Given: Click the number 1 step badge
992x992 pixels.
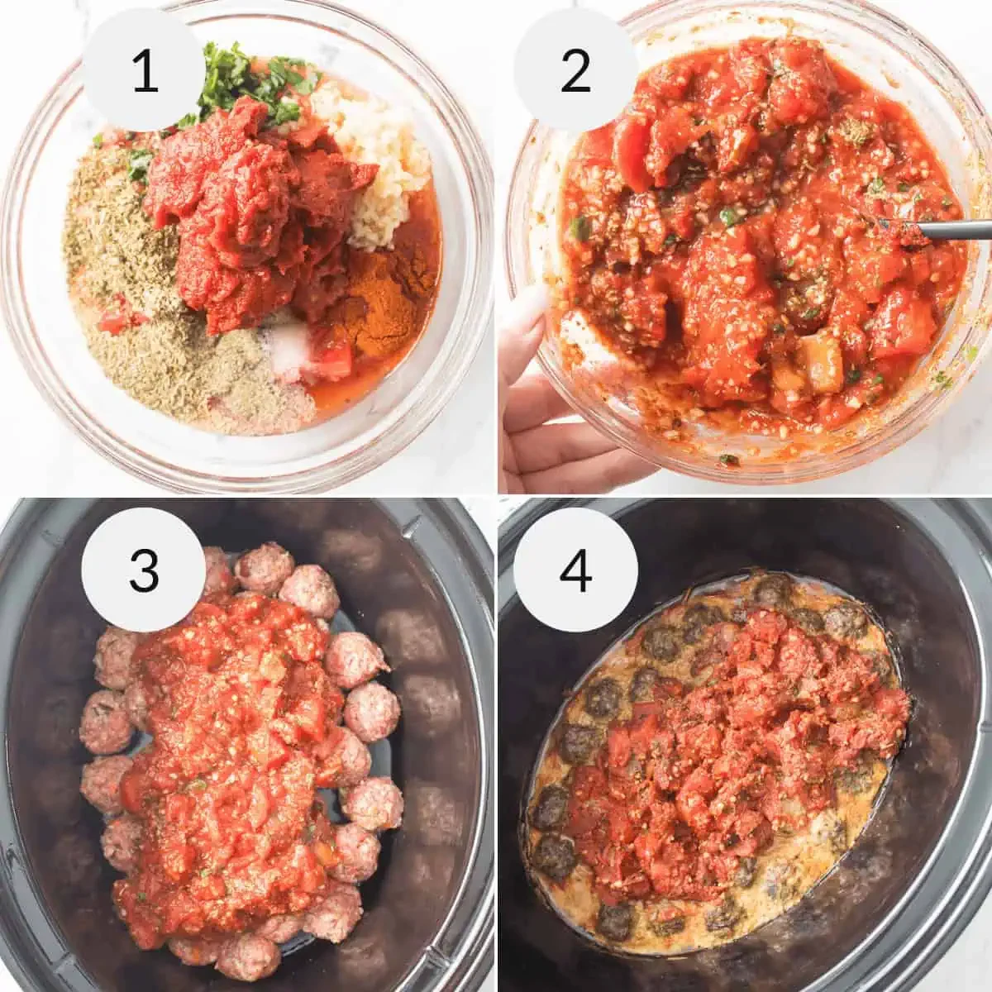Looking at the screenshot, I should pyautogui.click(x=145, y=70).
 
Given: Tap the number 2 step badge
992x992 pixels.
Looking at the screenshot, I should pyautogui.click(x=575, y=70).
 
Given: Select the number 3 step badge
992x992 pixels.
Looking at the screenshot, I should pyautogui.click(x=144, y=571).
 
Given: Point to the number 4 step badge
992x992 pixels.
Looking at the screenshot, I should pyautogui.click(x=575, y=570).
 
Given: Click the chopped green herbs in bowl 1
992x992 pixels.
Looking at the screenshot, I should pyautogui.click(x=248, y=83).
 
